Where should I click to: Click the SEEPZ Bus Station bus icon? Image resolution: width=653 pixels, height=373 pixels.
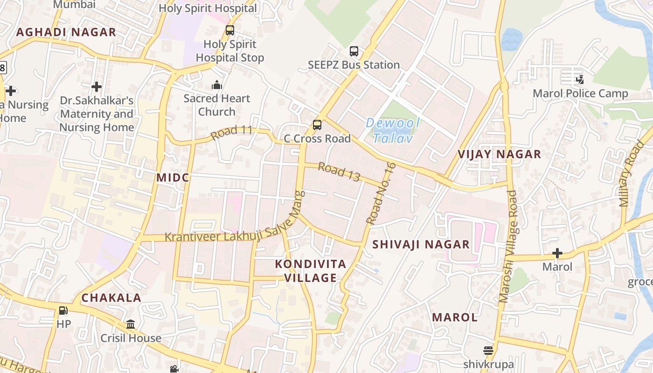pos(354,51)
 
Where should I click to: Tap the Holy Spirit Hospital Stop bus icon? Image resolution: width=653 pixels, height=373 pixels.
pos(230,31)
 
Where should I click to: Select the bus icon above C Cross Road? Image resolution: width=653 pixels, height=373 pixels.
pos(317,125)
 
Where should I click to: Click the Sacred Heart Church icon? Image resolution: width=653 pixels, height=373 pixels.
pos(217,85)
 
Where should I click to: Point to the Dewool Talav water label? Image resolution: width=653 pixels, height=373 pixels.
pos(393,131)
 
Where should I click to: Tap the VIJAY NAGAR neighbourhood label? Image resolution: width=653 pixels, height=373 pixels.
pos(499,154)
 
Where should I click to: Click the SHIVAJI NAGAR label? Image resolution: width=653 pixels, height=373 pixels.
pos(421,244)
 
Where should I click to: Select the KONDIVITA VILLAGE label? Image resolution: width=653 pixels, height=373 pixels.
pos(311,271)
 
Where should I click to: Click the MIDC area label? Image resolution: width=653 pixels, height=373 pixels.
pos(173,178)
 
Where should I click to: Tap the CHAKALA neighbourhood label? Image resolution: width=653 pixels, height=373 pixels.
pos(111,298)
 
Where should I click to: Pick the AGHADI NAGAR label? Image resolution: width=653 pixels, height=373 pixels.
pos(66,32)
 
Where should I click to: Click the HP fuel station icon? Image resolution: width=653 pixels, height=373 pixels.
pos(63,311)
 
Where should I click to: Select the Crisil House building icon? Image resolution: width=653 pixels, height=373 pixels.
pos(131,324)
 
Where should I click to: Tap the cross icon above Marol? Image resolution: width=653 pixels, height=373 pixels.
pos(557,254)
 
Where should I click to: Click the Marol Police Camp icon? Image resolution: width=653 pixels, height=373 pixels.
pos(580,80)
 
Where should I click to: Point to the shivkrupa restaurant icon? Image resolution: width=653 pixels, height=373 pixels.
pos(488,351)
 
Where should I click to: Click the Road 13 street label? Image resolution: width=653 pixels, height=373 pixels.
pos(339,172)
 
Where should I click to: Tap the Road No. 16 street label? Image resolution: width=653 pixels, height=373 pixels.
pos(381,193)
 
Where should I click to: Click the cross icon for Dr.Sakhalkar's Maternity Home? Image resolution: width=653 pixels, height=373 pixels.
pos(97,87)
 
